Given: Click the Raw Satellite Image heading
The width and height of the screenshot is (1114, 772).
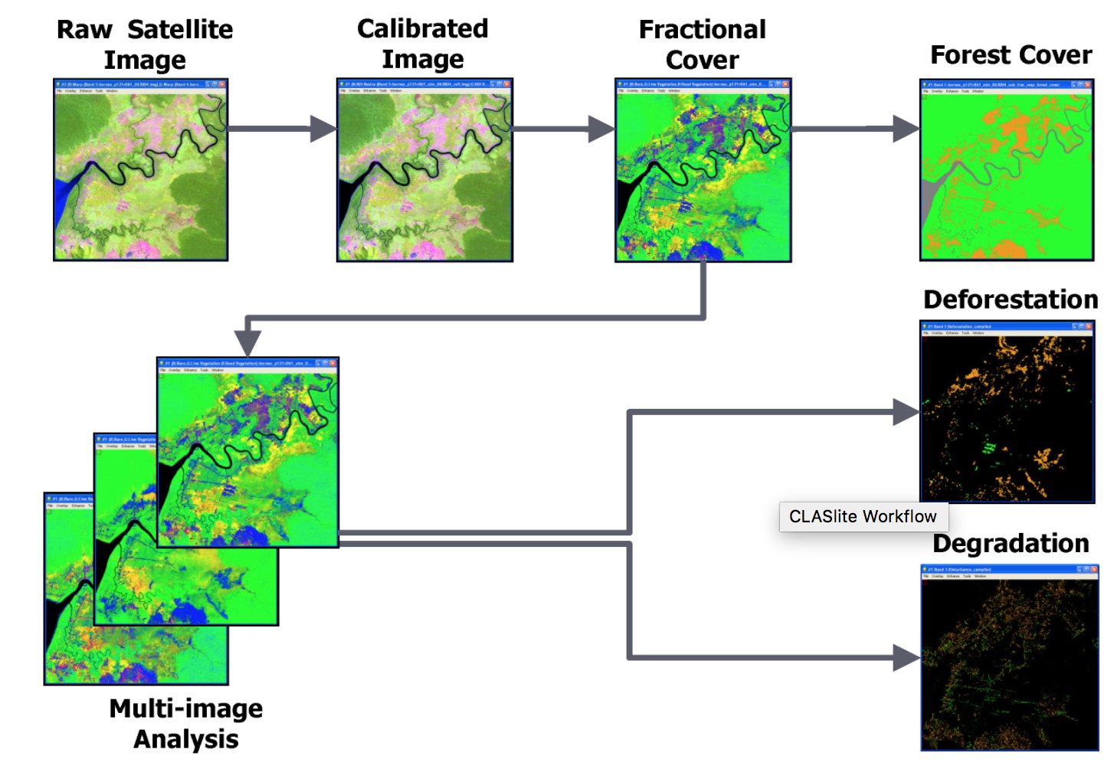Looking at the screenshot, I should point(145,44).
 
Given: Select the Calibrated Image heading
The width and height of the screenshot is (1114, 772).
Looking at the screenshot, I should point(423,44).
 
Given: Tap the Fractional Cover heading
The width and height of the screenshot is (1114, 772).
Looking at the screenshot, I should point(703,44).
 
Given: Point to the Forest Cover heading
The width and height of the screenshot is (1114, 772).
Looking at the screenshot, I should point(1011,55).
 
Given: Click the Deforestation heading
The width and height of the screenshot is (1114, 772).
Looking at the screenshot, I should point(1011,299).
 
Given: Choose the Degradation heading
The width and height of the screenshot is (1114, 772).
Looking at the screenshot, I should point(1011,544).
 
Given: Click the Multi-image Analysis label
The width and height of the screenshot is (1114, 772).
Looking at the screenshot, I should point(186,723).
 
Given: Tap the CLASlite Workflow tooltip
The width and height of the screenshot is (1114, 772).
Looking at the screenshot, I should point(863,517).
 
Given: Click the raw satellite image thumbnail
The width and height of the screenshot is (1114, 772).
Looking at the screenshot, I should point(141,170).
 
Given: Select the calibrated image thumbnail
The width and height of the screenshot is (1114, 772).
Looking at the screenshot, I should point(424,170).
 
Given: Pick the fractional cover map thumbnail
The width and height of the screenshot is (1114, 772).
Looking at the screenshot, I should point(703,170).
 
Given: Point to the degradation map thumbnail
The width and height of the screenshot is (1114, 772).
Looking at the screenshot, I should point(1009,658).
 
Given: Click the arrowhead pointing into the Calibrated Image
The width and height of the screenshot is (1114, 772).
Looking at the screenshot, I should point(323,129).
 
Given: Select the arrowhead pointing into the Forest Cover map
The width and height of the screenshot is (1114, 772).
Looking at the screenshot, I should point(906,129).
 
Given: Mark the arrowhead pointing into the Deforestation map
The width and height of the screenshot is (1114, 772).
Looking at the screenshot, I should point(906,412).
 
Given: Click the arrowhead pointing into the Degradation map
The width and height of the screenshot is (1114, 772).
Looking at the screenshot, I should point(906,658).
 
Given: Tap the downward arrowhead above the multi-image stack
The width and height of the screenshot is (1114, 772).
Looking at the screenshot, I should point(247,343).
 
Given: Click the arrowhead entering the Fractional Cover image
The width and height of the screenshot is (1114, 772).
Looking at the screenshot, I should point(601,129).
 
